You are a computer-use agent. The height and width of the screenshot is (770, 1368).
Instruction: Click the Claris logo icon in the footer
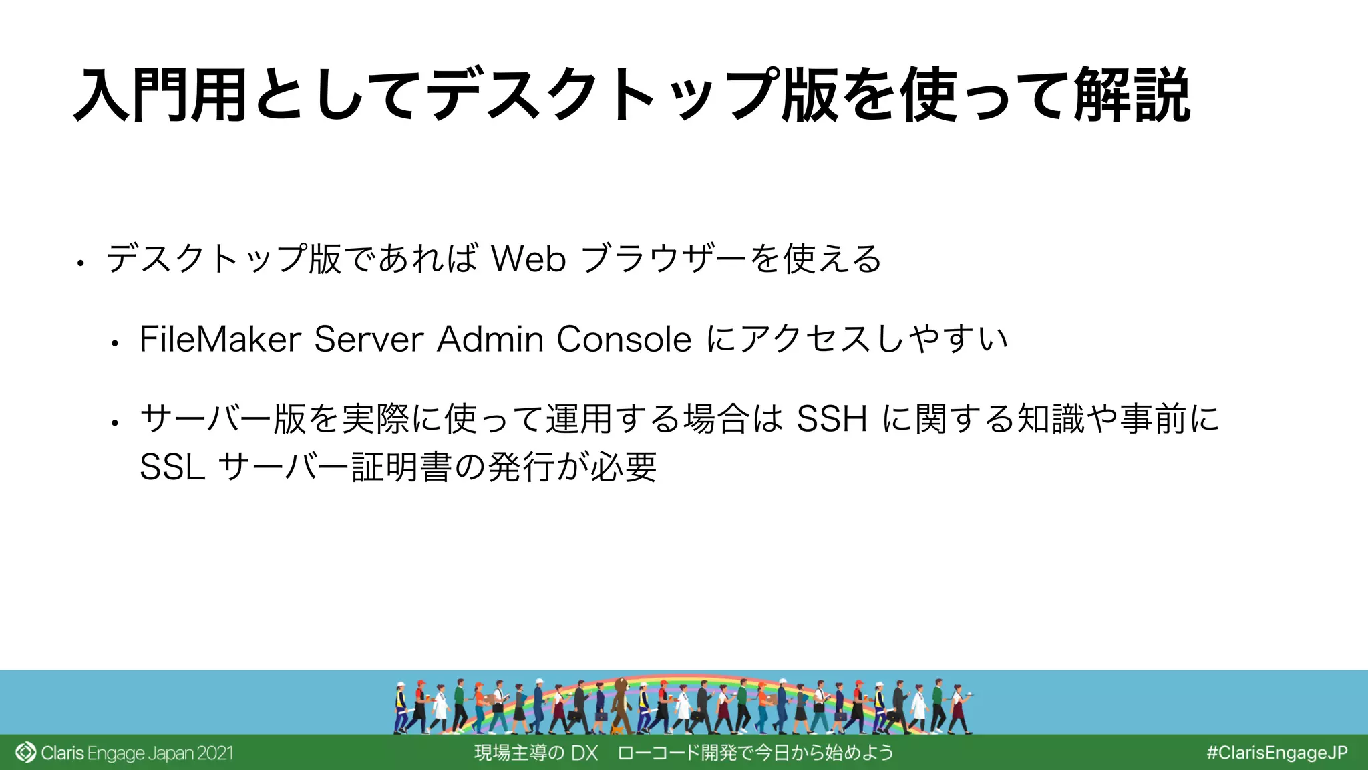click(x=25, y=753)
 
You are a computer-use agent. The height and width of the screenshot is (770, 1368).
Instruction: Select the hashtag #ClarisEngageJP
click(x=1276, y=753)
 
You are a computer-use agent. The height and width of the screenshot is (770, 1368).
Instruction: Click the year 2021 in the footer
click(x=214, y=753)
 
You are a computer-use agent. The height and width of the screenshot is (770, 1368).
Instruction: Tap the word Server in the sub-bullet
click(x=368, y=339)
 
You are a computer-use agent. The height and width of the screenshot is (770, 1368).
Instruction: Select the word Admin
click(x=490, y=339)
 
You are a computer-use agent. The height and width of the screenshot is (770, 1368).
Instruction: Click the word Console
click(x=624, y=339)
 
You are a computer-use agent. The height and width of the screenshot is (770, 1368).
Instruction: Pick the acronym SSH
click(x=832, y=419)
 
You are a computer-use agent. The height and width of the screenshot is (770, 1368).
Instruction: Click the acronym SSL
click(x=172, y=467)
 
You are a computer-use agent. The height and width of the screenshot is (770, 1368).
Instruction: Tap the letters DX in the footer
click(x=584, y=753)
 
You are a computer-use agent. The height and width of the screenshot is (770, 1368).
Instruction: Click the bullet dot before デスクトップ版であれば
click(x=80, y=263)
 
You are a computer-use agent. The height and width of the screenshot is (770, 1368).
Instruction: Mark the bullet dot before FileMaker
click(x=115, y=344)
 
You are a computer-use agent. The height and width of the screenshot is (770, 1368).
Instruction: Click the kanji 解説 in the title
click(x=1132, y=96)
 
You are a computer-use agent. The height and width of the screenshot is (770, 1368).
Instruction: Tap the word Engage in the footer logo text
click(x=116, y=753)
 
